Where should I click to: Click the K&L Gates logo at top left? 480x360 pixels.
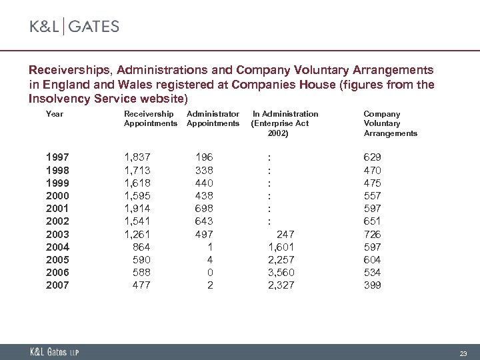pos(74,27)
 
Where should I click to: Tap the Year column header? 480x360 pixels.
pos(54,114)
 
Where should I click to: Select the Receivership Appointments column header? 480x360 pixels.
pos(151,119)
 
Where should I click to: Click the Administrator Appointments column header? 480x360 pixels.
pos(213,119)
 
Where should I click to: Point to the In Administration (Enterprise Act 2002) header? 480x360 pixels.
pos(285,123)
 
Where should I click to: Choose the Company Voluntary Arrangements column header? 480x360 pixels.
pos(390,123)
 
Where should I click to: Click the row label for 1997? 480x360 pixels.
pos(57,157)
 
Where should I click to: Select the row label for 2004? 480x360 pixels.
pos(57,247)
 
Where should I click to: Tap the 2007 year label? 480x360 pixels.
pos(57,285)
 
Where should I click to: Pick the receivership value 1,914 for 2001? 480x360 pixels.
pos(137,209)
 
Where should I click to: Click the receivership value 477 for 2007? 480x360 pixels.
pos(141,285)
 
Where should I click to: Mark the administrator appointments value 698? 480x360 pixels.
pos(204,209)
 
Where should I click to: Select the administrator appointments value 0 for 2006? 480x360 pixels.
pos(210,273)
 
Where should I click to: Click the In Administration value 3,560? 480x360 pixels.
pos(281,273)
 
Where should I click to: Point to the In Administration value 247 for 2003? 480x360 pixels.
pos(285,234)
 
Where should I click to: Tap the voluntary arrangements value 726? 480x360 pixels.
pos(372,234)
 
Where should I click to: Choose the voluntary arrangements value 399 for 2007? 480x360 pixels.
pos(372,285)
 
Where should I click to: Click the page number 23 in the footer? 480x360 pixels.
pos(463,353)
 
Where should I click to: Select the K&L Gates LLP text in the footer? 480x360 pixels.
pos(54,352)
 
